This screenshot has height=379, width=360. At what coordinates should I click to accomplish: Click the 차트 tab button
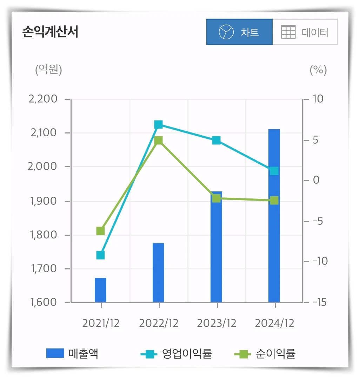click(239, 32)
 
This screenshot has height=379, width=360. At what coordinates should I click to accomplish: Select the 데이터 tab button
click(305, 32)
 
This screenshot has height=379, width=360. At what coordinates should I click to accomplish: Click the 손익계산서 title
click(50, 32)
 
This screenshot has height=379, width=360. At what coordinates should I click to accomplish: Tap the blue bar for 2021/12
click(100, 290)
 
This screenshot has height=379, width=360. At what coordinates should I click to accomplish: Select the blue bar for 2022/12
click(158, 273)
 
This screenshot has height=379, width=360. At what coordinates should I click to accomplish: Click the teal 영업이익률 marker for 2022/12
click(158, 125)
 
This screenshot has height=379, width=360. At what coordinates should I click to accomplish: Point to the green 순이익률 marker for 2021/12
click(100, 231)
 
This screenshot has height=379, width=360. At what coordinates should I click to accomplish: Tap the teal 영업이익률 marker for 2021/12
click(100, 255)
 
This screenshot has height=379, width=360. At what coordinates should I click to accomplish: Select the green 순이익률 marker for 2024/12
click(274, 201)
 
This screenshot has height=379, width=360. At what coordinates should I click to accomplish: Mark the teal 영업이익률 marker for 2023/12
click(216, 141)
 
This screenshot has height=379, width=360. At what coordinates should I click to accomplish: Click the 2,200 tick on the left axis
click(44, 99)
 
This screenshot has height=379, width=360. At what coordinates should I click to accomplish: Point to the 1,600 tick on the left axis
click(44, 302)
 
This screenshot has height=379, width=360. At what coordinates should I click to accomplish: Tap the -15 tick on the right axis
click(319, 302)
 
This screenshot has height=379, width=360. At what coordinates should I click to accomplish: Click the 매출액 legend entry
click(72, 353)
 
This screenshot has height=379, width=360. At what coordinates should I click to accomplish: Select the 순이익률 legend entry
click(265, 353)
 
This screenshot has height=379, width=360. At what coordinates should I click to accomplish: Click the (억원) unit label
click(48, 70)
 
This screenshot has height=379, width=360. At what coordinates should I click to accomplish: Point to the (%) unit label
click(318, 70)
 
